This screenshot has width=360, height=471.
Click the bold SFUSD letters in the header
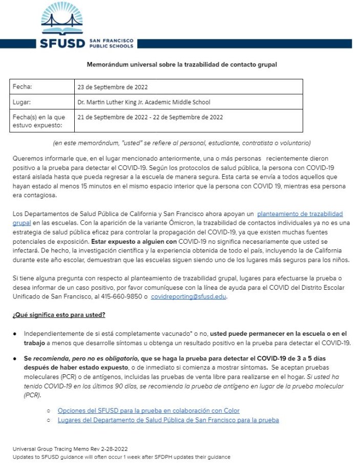62,43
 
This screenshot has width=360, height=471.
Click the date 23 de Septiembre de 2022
112,87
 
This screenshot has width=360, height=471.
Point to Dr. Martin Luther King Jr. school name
143,102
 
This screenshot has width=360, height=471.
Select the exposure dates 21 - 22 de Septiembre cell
150,117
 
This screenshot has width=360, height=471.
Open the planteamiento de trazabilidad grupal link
300,213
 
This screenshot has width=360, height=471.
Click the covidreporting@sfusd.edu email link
188,297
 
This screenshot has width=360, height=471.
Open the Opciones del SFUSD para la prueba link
149,411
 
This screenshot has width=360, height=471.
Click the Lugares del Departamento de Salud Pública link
168,420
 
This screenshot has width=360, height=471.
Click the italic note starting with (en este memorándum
182,143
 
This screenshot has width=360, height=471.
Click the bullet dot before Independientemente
15,333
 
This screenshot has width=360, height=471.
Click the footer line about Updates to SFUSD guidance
121,457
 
